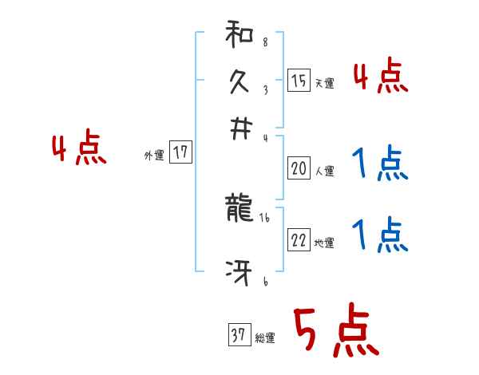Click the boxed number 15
[299, 81]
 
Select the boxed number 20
[299, 168]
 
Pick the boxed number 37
[238, 336]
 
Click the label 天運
[324, 83]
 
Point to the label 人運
[324, 170]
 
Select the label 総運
[264, 337]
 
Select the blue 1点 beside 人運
[381, 164]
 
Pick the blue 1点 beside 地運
[381, 236]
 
